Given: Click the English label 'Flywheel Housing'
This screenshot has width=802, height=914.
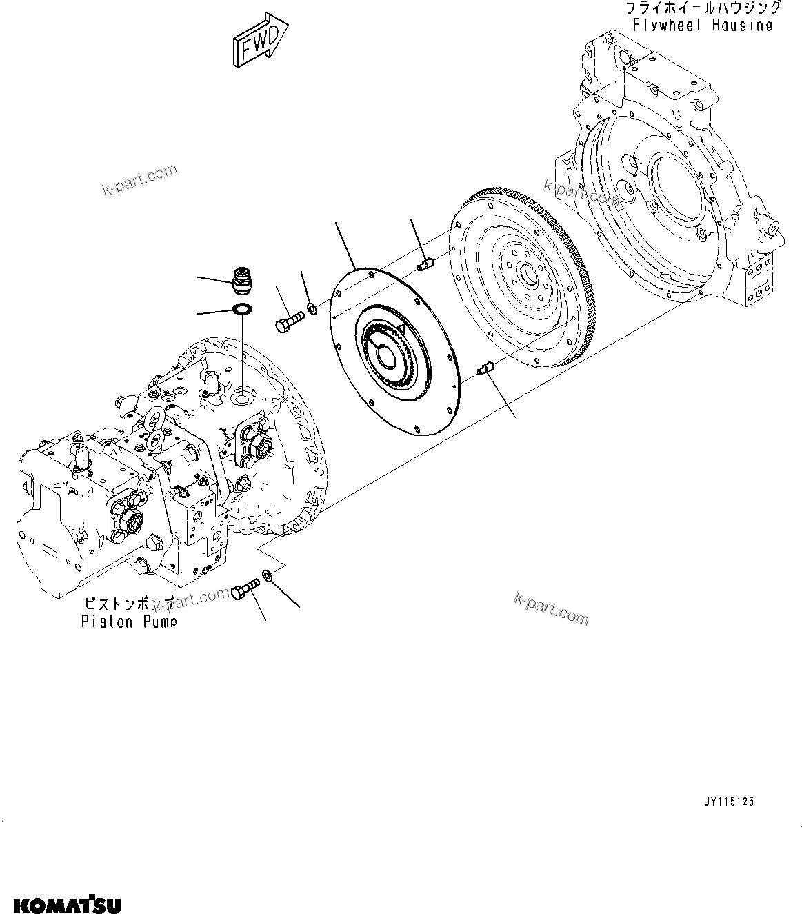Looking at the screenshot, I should click(703, 25).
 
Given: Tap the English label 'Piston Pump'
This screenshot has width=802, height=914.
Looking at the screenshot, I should click(129, 622).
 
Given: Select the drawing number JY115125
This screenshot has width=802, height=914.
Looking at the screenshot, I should click(730, 802).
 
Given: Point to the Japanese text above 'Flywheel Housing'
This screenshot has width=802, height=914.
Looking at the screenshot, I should click(703, 8).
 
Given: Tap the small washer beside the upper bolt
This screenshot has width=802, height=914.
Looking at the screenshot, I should click(312, 308).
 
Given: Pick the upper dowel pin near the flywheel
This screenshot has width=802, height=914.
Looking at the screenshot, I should click(425, 264).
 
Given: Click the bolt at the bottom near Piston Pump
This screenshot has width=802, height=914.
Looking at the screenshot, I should click(245, 590).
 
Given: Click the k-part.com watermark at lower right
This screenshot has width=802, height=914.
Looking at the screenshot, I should click(552, 608).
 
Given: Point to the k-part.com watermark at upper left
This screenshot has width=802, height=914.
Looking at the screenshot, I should click(140, 180).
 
